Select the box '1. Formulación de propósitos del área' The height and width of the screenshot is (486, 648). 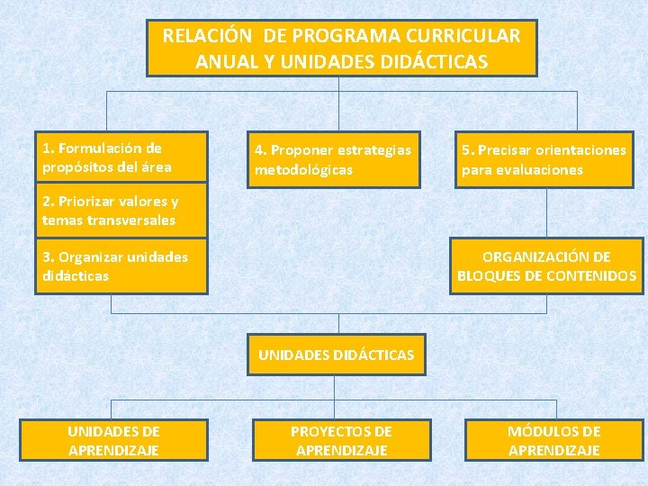coord(121,158)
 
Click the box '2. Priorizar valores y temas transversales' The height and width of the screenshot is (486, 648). coord(121,211)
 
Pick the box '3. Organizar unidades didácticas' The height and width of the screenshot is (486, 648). coord(121,266)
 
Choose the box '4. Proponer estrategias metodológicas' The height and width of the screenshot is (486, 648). coord(334,160)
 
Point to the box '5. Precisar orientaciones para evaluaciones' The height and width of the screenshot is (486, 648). coord(545,160)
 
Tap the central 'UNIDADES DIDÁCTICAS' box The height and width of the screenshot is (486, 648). coord(336,355)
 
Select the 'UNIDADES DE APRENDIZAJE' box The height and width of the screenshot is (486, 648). coord(113,441)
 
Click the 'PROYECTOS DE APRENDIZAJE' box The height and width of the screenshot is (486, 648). coord(341,441)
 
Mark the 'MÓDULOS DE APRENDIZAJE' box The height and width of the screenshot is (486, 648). coord(554,441)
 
